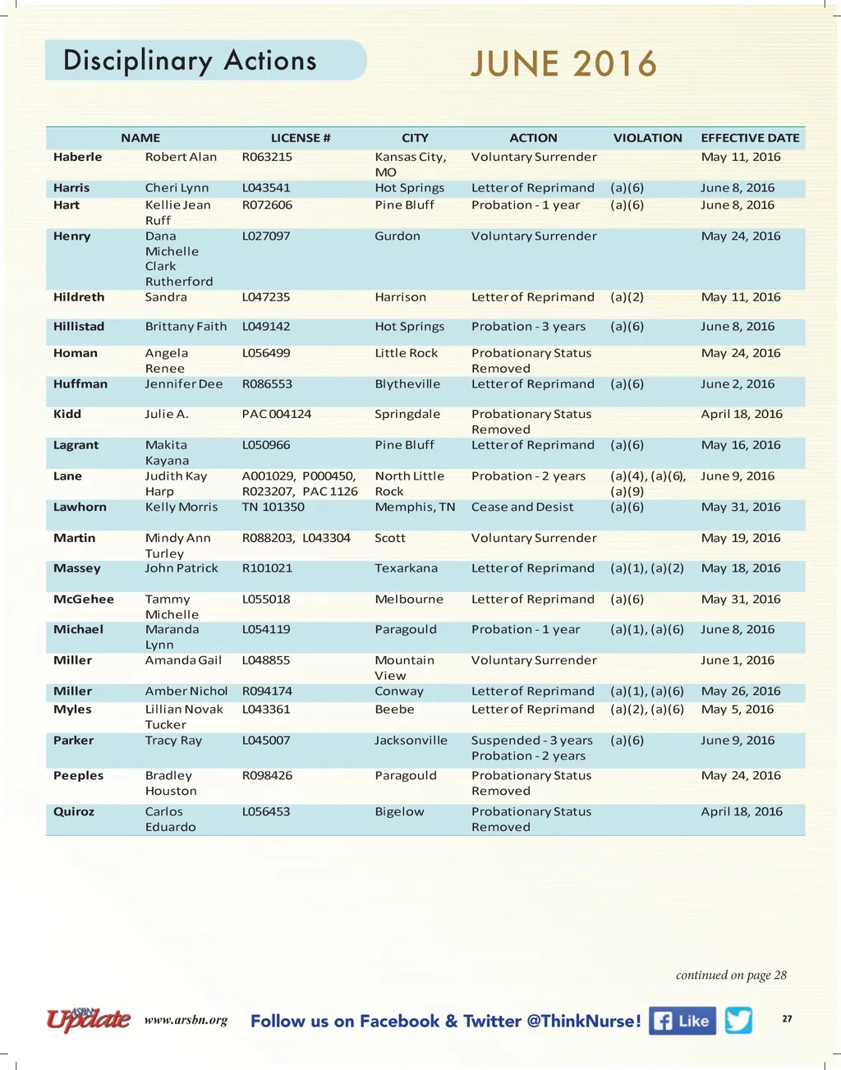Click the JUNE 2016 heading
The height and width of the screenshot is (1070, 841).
[563, 64]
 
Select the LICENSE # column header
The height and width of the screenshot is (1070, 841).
[301, 138]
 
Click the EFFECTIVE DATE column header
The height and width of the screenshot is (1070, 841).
[750, 138]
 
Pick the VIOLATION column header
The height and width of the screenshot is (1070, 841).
[647, 138]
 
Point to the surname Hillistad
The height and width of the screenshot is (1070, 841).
[79, 327]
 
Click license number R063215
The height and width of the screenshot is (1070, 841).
[267, 157]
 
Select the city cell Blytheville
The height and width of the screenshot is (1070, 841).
[407, 384]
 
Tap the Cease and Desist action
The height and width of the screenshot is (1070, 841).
[522, 507]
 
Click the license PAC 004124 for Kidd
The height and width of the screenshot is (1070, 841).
[277, 415]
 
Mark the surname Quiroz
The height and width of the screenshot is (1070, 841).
[74, 812]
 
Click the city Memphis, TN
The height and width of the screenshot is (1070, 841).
[415, 507]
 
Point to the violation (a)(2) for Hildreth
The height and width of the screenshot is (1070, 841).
[627, 297]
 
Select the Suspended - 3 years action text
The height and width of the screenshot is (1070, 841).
[531, 741]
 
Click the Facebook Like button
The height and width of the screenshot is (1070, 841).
[682, 1021]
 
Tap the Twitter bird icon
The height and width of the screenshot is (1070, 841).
[738, 1020]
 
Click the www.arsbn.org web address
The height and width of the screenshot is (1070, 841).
[186, 1021]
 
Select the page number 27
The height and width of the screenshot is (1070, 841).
[787, 1019]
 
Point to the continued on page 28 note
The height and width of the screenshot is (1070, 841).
[731, 976]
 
